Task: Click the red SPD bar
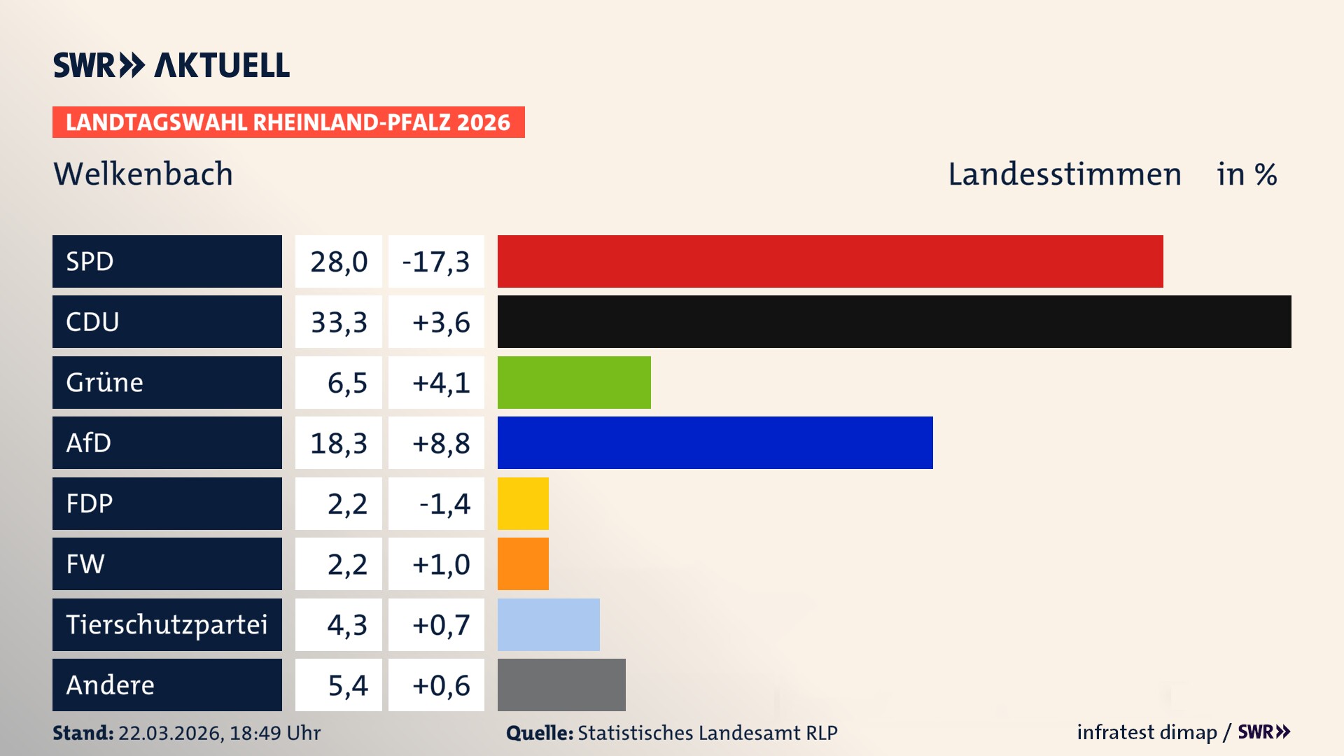pyautogui.click(x=830, y=261)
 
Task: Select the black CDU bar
pyautogui.click(x=894, y=322)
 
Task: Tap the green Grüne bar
pyautogui.click(x=574, y=382)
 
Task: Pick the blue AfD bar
pyautogui.click(x=715, y=442)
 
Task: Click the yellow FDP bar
pyautogui.click(x=523, y=503)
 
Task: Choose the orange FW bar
pyautogui.click(x=523, y=563)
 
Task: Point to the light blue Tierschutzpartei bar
pyautogui.click(x=548, y=624)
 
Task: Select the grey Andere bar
pyautogui.click(x=561, y=685)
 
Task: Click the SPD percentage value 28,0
pyautogui.click(x=339, y=262)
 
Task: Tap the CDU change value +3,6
pyautogui.click(x=440, y=323)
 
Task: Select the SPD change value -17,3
pyautogui.click(x=436, y=262)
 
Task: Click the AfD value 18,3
pyautogui.click(x=339, y=443)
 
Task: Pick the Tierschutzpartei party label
pyautogui.click(x=167, y=624)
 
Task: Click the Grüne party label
pyautogui.click(x=105, y=382)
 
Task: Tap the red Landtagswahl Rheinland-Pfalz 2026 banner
pyautogui.click(x=288, y=122)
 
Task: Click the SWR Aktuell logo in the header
pyautogui.click(x=171, y=65)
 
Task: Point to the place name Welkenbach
pyautogui.click(x=143, y=174)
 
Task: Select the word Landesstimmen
pyautogui.click(x=1064, y=174)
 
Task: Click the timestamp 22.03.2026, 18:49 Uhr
pyautogui.click(x=219, y=733)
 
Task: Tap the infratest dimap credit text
pyautogui.click(x=1147, y=732)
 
